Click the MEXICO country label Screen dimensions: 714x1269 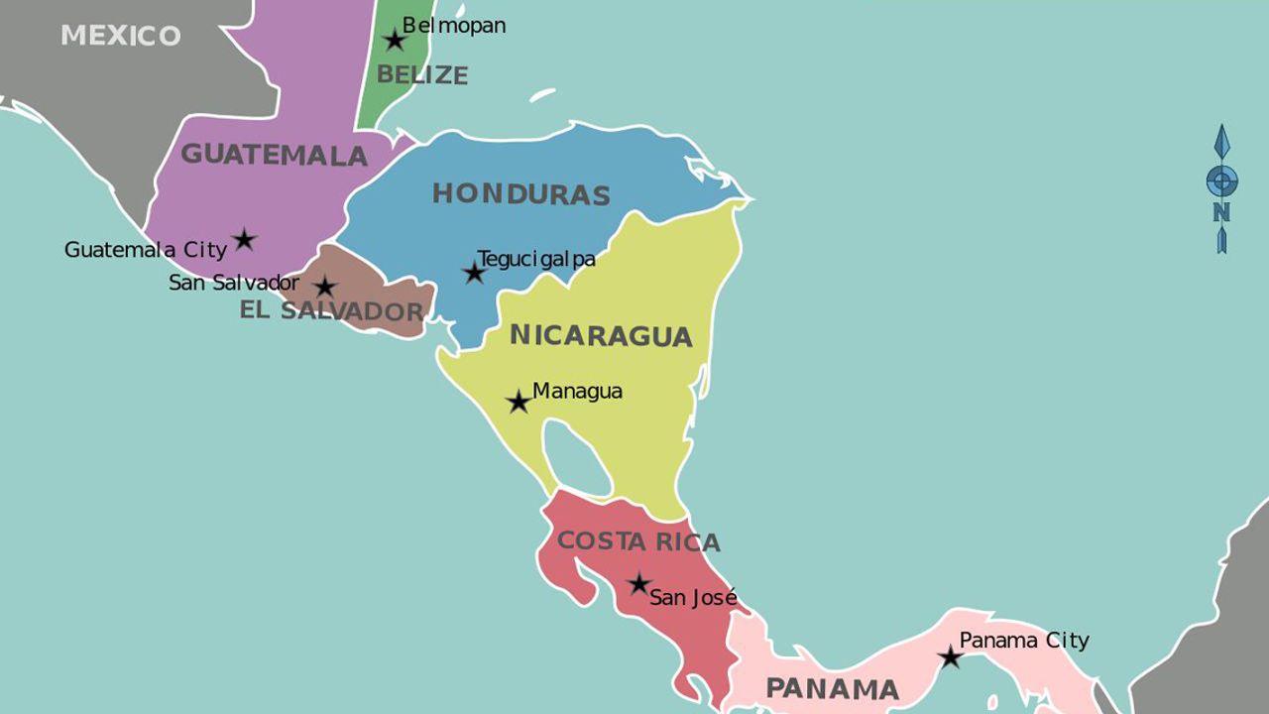(121, 36)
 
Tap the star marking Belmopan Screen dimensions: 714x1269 (395, 41)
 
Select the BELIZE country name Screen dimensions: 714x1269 (422, 74)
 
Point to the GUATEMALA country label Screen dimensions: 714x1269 (274, 155)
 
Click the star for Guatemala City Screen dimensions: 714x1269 (244, 239)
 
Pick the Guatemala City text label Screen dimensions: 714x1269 (146, 250)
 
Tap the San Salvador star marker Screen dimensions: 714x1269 (324, 288)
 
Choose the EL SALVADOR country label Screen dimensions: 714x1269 (331, 311)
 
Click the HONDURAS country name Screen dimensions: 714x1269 (520, 193)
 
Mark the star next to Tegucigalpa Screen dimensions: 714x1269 (475, 273)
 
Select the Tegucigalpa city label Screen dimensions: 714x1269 (536, 259)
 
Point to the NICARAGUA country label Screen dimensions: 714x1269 (601, 335)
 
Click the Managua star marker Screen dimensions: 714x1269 (518, 402)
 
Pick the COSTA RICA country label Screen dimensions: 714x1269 (638, 541)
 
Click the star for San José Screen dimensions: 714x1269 (639, 584)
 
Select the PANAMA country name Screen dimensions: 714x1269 (833, 688)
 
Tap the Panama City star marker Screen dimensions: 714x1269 (950, 657)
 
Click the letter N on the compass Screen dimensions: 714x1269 (1221, 211)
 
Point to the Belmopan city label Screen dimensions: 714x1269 (454, 26)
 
